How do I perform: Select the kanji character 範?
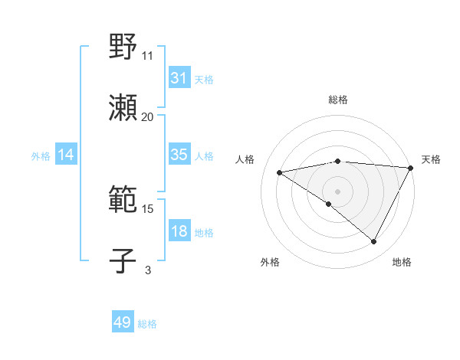coord(123,200)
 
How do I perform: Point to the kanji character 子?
coord(123,261)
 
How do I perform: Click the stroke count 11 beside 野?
coord(148,56)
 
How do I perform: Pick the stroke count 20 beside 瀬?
coord(148,117)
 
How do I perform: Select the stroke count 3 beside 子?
coord(148,270)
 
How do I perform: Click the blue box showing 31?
coord(179,78)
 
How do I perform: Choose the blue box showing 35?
coord(179,155)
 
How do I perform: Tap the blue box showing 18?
coord(179,231)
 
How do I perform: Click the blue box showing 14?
coord(66,155)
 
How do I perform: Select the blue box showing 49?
coord(123,322)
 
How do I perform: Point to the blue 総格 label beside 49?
coord(147,324)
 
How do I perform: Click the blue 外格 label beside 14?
coord(41,156)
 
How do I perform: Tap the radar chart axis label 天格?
coord(431,159)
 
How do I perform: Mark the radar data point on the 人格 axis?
coord(280,172)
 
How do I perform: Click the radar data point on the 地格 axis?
coord(374,241)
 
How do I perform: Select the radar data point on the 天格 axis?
coord(410,168)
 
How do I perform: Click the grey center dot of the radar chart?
coord(337,191)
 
